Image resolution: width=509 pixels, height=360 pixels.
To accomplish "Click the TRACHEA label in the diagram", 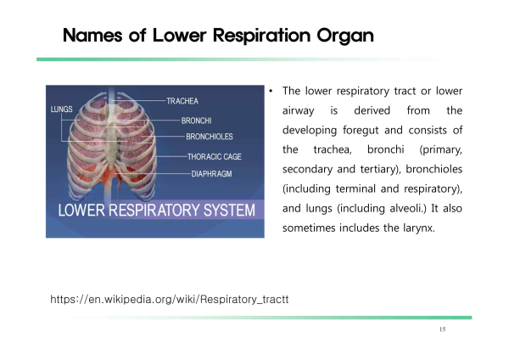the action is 182,101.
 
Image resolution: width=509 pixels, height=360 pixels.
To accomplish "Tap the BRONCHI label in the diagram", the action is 197,121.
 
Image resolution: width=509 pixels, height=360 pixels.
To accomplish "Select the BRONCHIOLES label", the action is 210,137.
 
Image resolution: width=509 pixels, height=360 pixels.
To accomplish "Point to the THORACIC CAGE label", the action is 215,156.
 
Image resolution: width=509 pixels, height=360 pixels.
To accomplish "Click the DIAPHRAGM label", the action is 211,174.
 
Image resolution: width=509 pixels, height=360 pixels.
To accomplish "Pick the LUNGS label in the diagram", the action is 62,110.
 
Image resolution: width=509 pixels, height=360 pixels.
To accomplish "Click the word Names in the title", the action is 92,35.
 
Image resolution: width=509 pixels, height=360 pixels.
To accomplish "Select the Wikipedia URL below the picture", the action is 170,299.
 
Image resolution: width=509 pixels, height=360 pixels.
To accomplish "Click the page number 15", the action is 443,329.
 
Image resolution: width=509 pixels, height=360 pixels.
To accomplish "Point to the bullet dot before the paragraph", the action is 271,92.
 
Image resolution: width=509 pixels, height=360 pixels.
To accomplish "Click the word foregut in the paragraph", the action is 361,131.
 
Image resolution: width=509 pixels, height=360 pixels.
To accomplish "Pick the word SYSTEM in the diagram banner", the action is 229,211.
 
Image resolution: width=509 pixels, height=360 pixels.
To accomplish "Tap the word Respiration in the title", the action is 261,36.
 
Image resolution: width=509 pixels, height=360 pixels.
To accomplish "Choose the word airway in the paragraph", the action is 299,111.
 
